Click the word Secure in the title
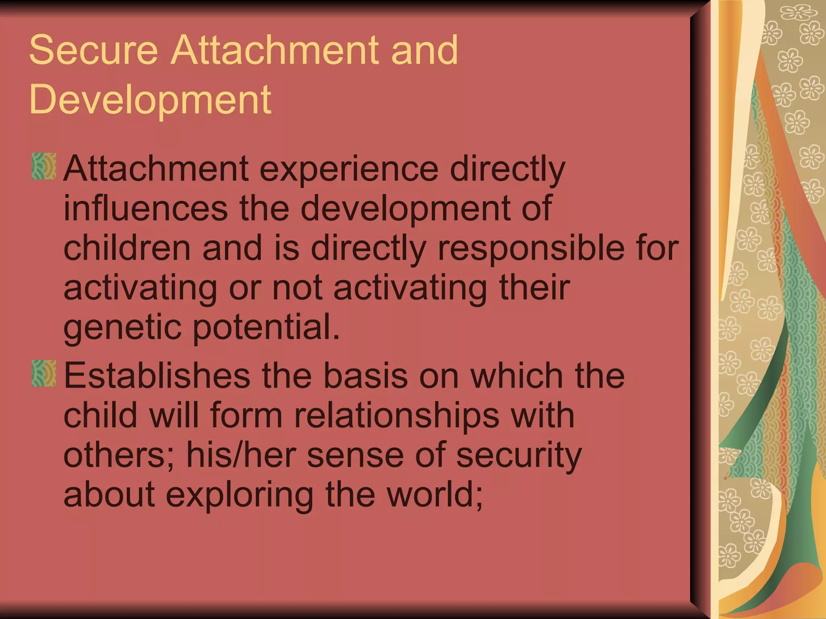[x=93, y=50]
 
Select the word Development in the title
[x=150, y=99]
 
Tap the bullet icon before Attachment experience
[x=44, y=166]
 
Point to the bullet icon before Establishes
[x=44, y=374]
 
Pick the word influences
[x=146, y=208]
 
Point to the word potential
[x=266, y=327]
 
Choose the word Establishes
[x=157, y=376]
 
